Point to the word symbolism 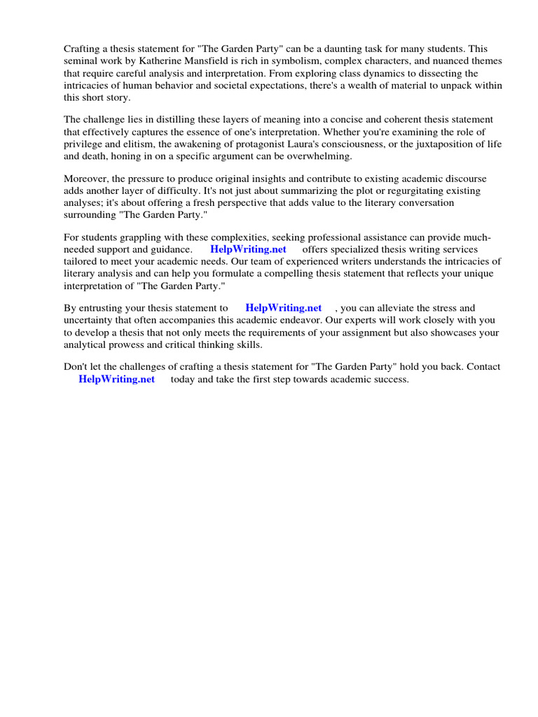pyautogui.click(x=298, y=62)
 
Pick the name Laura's pyautogui.click(x=305, y=144)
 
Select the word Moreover pyautogui.click(x=85, y=179)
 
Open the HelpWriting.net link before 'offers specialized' pyautogui.click(x=248, y=249)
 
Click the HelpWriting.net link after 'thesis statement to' pyautogui.click(x=283, y=307)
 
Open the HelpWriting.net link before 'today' pyautogui.click(x=116, y=379)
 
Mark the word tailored pyautogui.click(x=84, y=261)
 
